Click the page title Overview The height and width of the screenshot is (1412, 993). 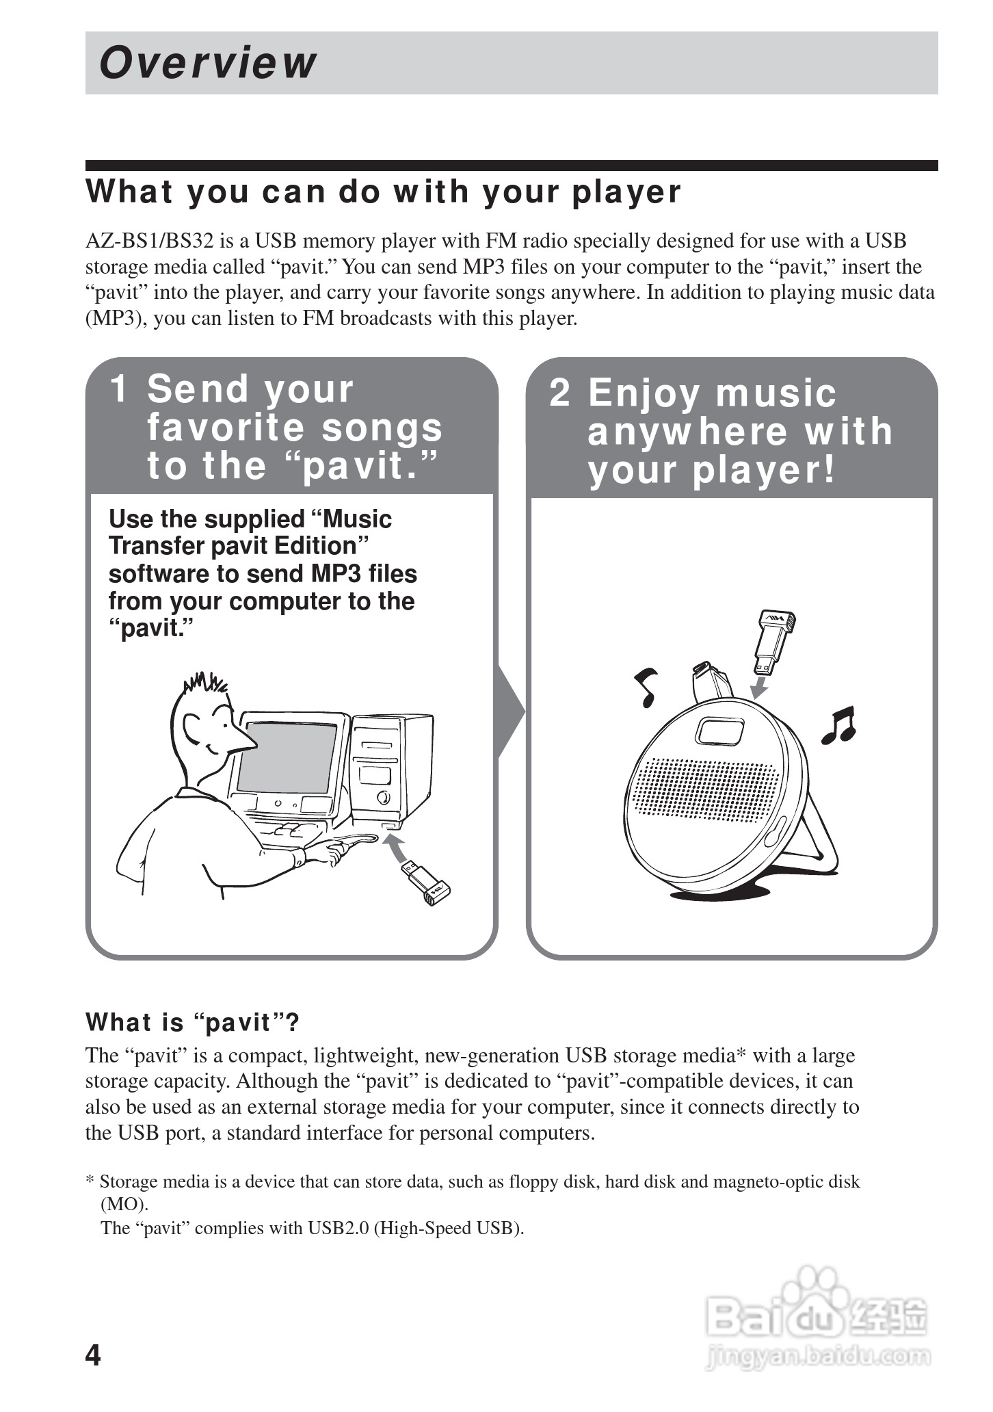pos(208,63)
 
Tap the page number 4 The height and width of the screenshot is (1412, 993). pos(92,1355)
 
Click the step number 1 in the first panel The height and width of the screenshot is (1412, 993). pos(119,389)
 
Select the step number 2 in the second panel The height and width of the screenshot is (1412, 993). pos(559,393)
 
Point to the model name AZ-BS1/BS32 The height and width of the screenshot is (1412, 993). pos(150,241)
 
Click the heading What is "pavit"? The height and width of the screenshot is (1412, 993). pos(192,1023)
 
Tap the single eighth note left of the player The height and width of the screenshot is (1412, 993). pos(646,686)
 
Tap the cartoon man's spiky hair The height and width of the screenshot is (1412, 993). pos(204,683)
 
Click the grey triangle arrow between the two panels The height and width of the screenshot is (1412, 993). pos(511,711)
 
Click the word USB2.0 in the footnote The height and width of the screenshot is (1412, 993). pos(338,1228)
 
